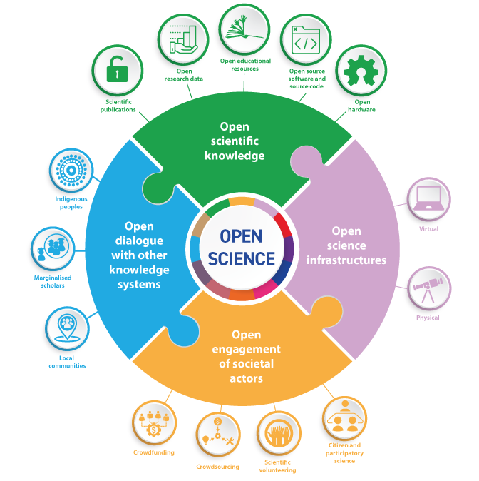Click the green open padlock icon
point(117,69)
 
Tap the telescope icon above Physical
point(428,288)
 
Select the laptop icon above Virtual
point(428,198)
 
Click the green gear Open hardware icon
point(361,70)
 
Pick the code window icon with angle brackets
point(306,39)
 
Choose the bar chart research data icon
point(183,39)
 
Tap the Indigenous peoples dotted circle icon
point(71,171)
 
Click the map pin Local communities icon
point(67,328)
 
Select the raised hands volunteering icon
point(279,433)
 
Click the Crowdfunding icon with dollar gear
point(154,423)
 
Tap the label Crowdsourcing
point(217,467)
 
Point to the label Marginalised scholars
point(53,281)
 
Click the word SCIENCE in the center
point(242,258)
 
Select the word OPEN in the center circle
point(241,236)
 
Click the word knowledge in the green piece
point(235,156)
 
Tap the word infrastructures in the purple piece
point(346,260)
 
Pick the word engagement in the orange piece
point(247,350)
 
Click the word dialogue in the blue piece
point(139,241)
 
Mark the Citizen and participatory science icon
point(344,418)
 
